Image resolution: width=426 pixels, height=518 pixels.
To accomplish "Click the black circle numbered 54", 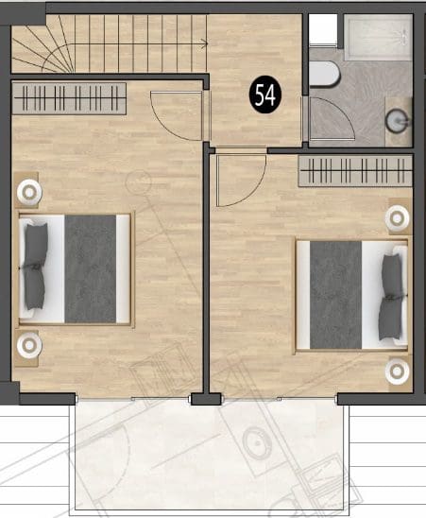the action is pos(264,95).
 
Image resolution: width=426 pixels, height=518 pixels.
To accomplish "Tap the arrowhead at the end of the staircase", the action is pos(205,43).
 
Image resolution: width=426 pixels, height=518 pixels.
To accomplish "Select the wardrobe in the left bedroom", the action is pos(69,98).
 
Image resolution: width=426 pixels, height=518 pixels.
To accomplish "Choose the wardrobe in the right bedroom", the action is pos(355,171).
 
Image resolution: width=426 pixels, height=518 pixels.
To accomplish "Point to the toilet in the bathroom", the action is pos(324,74).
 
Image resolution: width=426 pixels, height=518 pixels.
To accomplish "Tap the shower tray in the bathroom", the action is pos(378,37).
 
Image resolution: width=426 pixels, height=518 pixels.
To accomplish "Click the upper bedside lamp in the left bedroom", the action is pos(29,192).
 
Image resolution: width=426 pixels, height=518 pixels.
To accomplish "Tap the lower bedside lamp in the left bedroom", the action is pos(29,346).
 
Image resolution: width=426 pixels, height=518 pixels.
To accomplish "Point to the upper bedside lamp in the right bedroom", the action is pos(398,218).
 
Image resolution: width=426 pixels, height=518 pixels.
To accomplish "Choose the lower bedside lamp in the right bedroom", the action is pos(398,371).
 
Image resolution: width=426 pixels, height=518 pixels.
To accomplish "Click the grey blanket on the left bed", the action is pos(90,268).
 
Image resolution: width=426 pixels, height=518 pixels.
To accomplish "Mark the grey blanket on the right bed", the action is pos(336,295).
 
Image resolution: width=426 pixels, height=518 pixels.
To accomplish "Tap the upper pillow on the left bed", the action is pos(35,245).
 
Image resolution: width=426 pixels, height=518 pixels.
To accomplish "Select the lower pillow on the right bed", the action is pos(390,319).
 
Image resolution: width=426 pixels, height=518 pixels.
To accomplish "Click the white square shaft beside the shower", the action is pos(323,29).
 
